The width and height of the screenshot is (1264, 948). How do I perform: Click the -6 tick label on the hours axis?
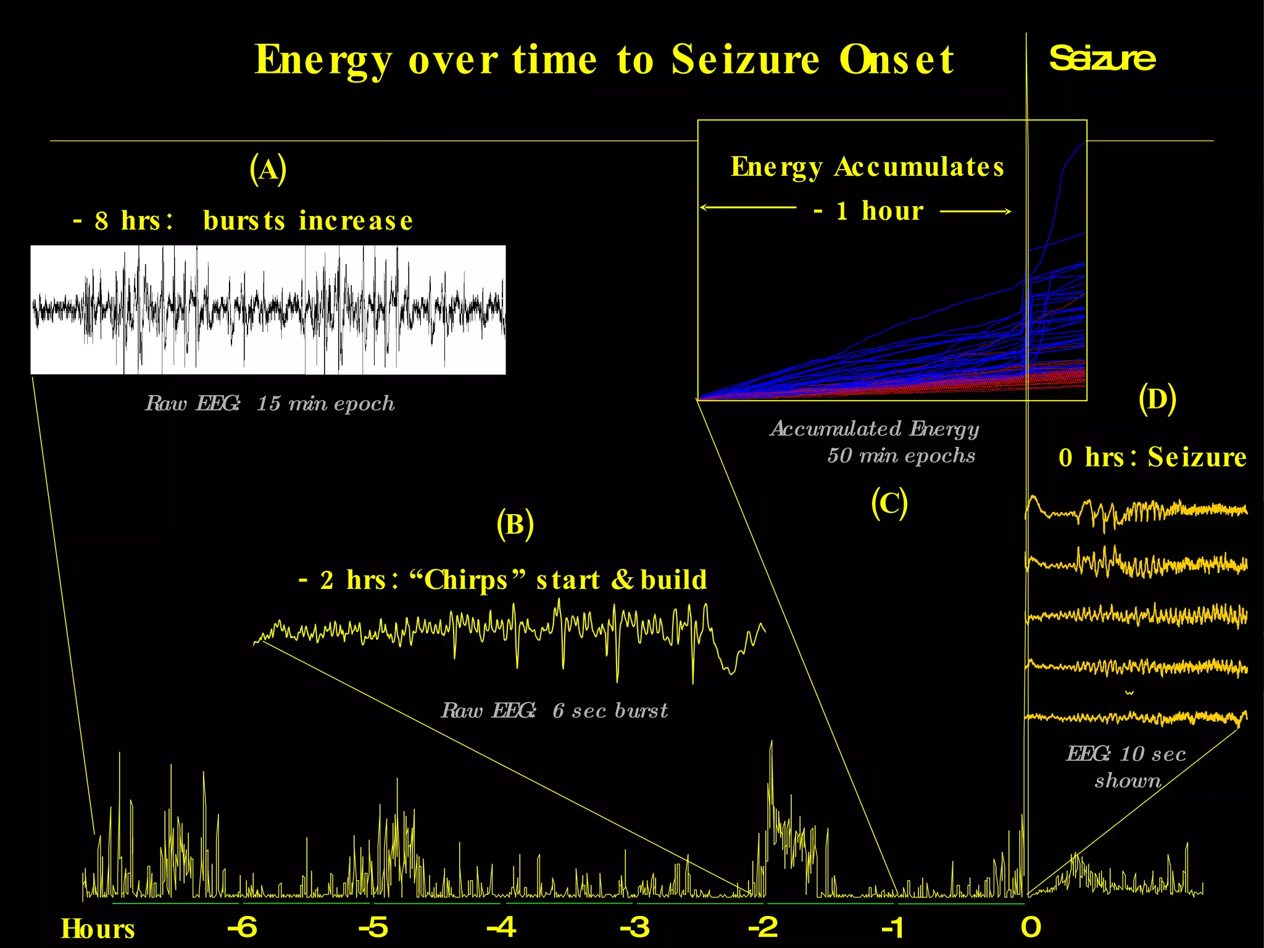click(x=242, y=926)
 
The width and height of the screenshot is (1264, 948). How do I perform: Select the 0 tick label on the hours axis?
click(x=1031, y=926)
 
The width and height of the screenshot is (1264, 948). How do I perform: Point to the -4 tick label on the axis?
click(x=501, y=926)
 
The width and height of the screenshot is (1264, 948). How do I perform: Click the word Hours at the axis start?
click(x=98, y=929)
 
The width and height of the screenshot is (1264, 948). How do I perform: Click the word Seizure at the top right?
click(x=1102, y=59)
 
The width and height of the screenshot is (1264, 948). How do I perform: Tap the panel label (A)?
click(x=268, y=169)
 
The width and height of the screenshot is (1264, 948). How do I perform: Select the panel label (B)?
click(x=515, y=525)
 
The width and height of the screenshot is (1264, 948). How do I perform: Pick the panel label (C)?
click(x=889, y=503)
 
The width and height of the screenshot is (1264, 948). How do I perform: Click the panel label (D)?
click(x=1157, y=399)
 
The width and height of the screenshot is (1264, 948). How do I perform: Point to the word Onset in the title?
click(x=896, y=60)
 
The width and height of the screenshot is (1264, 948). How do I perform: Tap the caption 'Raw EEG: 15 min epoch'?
click(x=270, y=404)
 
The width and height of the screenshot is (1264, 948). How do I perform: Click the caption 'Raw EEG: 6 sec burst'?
click(x=554, y=710)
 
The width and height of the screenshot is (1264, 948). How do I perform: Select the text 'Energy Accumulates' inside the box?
click(x=867, y=167)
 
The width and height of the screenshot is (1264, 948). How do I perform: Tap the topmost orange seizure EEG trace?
click(x=1136, y=511)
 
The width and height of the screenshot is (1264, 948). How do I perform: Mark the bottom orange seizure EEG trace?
click(x=1136, y=717)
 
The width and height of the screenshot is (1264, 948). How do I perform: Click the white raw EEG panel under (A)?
click(x=268, y=310)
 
